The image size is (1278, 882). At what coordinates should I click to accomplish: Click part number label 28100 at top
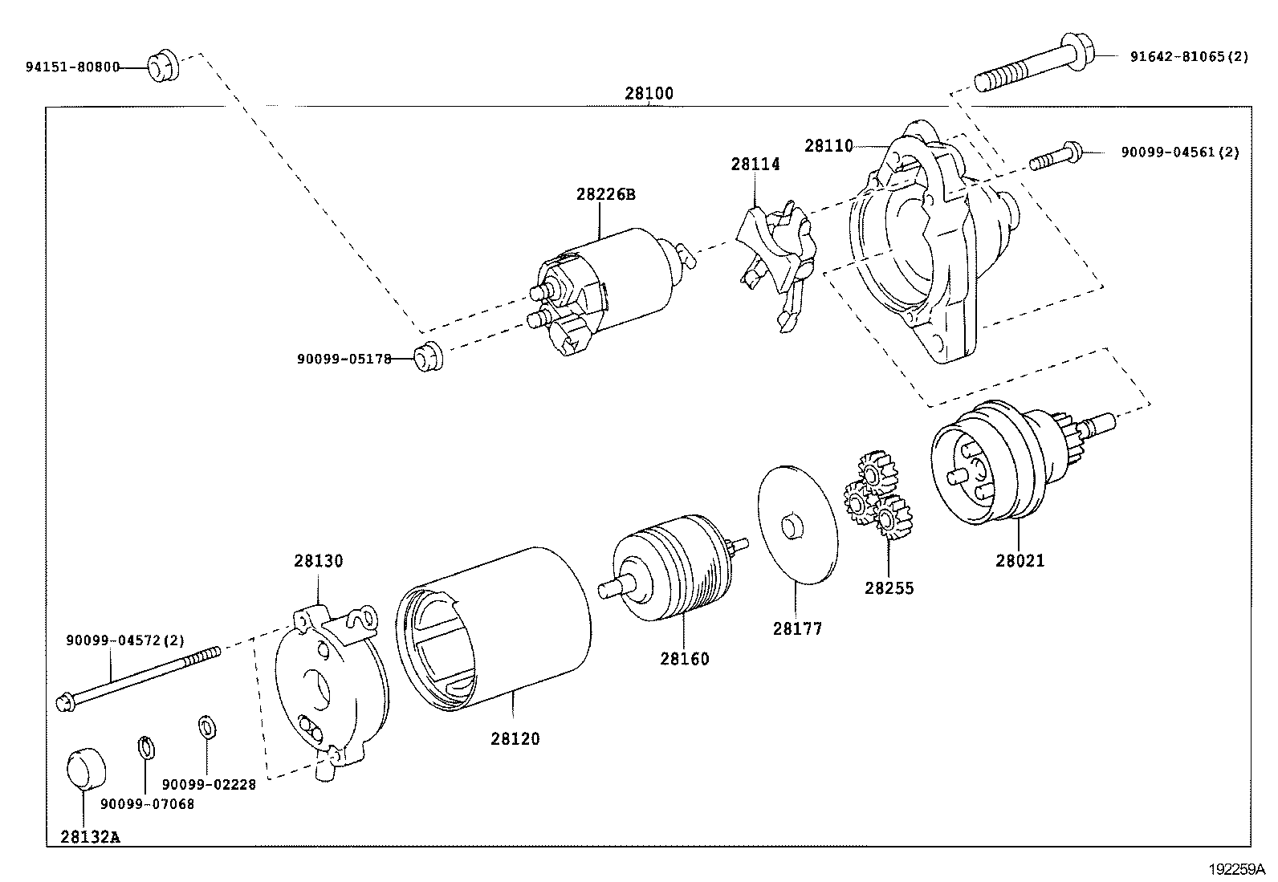click(649, 93)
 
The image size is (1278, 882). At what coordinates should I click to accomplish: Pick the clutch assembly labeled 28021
click(995, 465)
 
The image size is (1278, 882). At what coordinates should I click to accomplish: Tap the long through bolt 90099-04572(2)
click(136, 678)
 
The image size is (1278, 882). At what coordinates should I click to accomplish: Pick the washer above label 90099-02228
click(206, 727)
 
